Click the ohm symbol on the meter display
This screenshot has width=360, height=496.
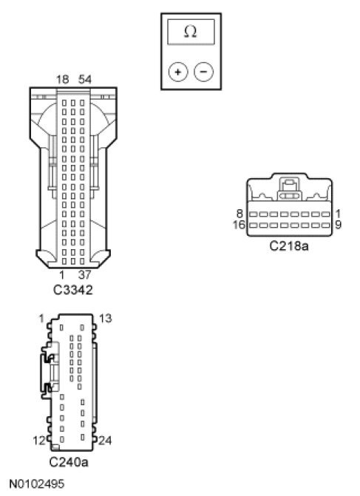click(x=191, y=32)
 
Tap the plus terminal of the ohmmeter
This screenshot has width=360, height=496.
click(x=178, y=72)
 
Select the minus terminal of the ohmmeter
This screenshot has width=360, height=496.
click(x=203, y=72)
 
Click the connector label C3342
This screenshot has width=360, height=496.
click(x=72, y=290)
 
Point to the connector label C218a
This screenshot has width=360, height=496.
click(x=289, y=246)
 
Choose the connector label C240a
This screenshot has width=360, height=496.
click(x=69, y=462)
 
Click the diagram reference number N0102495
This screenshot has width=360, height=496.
click(x=37, y=483)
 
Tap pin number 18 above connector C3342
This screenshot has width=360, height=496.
click(x=63, y=79)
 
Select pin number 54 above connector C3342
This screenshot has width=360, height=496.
click(x=85, y=79)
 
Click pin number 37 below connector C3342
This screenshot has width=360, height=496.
click(x=84, y=275)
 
